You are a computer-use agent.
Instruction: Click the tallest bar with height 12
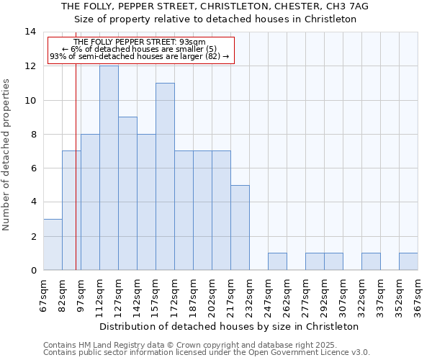(x=109, y=168)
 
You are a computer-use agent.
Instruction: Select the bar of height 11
(x=165, y=176)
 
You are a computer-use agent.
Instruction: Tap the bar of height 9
(x=127, y=193)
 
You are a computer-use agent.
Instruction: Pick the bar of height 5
(x=240, y=228)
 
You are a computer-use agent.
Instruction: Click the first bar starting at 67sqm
(x=53, y=245)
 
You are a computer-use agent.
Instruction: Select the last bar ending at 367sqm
(x=408, y=261)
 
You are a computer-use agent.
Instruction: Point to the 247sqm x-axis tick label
(x=268, y=295)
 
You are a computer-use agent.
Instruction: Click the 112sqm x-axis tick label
(x=99, y=295)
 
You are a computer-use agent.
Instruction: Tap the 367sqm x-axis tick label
(x=418, y=295)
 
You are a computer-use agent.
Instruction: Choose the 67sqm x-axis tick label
(x=43, y=295)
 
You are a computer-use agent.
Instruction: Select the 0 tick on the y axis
(x=33, y=271)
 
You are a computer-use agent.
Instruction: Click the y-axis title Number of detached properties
(x=6, y=155)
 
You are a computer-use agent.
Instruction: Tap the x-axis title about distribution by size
(x=228, y=326)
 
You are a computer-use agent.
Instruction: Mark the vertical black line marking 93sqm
(x=76, y=180)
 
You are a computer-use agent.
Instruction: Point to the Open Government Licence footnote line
(x=207, y=353)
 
